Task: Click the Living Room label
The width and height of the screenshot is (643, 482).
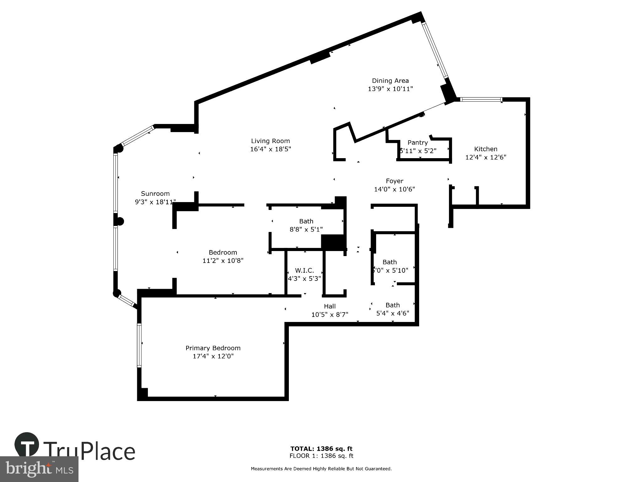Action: pos(270,141)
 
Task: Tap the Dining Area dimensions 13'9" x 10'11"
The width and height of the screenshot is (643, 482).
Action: pos(390,89)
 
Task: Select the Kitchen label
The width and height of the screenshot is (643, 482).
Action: pos(486,149)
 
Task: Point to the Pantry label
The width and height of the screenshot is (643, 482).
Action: pos(418,143)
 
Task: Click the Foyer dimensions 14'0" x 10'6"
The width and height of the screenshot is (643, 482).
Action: pos(394,189)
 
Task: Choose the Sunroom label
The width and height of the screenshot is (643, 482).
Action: pos(155,194)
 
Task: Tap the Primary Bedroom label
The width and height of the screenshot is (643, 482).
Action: pos(213,348)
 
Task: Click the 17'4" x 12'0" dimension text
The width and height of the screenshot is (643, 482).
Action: pos(213,356)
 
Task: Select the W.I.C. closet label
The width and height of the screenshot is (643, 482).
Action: pos(304,270)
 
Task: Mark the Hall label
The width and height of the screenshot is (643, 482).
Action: pos(330,306)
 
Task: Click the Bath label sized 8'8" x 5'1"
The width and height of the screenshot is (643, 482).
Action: pos(306,221)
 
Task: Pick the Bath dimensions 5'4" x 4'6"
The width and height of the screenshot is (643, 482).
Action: pos(392,313)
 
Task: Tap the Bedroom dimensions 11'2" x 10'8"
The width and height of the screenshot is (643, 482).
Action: pos(223,260)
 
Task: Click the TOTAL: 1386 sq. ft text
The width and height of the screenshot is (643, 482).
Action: pos(321,449)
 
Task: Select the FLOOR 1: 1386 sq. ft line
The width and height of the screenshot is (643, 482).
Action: pos(321,456)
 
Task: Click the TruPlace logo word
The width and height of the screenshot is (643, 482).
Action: pos(89,452)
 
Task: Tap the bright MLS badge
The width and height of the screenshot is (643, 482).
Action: pos(39,469)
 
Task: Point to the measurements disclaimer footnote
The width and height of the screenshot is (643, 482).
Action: pos(321,469)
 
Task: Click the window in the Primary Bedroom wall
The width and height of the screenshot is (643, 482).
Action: pos(139,345)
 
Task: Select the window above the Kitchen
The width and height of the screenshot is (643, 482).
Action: pos(481,100)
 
